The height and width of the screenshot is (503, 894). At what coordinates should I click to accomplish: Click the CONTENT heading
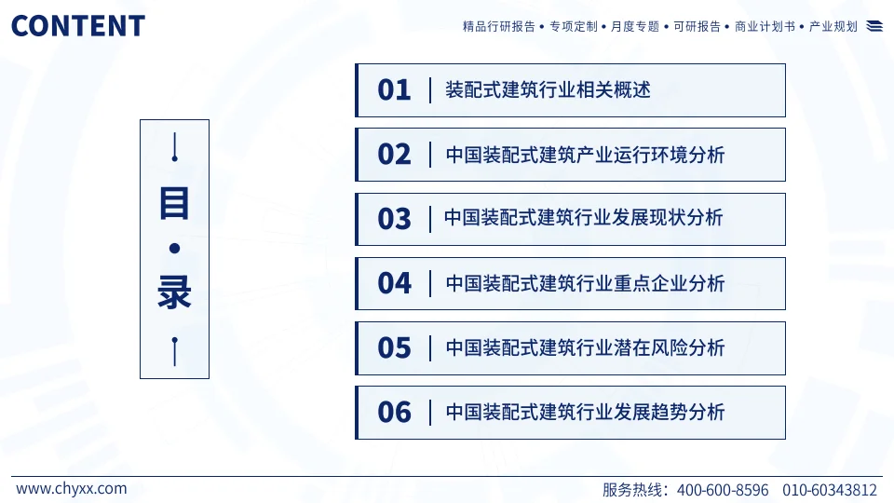tap(78, 25)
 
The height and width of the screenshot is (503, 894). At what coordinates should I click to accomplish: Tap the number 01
tap(394, 90)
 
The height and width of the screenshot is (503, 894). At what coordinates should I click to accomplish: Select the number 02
tap(394, 155)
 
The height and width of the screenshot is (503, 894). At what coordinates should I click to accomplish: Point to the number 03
tap(394, 219)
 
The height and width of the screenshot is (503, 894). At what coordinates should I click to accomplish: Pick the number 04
tap(394, 283)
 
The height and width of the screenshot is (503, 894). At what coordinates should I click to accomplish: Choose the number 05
tap(394, 348)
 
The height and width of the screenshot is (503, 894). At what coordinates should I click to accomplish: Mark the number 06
tap(394, 413)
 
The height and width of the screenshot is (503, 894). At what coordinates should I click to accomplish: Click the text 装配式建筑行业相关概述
tap(548, 90)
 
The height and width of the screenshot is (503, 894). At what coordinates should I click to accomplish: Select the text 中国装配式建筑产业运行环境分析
tap(585, 155)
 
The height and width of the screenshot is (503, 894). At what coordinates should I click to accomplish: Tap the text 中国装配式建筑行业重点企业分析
tap(585, 283)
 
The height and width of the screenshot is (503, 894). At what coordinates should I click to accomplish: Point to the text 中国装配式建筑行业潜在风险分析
tap(585, 348)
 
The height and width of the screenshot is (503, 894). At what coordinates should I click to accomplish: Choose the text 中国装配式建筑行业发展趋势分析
tap(585, 413)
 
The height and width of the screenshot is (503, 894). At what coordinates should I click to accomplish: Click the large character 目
tap(174, 202)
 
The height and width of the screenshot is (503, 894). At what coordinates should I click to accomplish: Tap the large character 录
tap(174, 292)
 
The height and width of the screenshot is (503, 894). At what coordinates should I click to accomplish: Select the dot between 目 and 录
tap(174, 249)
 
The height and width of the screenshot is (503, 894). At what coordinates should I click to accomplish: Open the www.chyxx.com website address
tap(72, 488)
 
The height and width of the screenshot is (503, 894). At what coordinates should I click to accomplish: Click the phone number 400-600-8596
tap(723, 490)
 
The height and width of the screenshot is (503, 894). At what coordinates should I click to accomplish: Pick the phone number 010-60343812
tap(830, 490)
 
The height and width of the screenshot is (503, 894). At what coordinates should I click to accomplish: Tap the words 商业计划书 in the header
tap(765, 27)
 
